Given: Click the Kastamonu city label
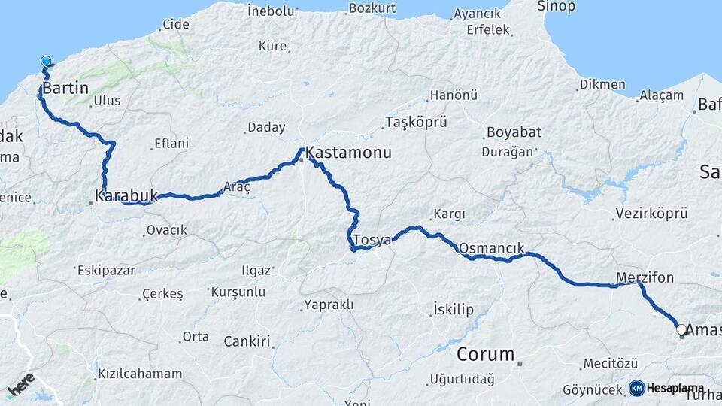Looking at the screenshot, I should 349,153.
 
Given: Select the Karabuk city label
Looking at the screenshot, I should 126,197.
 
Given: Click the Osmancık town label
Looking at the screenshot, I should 491,247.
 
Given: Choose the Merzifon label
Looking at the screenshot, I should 645,277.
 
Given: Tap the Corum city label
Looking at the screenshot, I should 486,354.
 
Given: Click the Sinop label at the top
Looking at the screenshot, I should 556,6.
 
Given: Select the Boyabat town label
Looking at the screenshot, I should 514,132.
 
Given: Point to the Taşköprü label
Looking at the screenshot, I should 416,122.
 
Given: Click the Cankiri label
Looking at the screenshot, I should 247,342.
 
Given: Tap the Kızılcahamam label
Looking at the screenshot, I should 139,374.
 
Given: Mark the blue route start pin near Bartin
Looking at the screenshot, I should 46,62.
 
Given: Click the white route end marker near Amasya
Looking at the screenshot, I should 681,329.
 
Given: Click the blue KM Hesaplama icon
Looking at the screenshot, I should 637,388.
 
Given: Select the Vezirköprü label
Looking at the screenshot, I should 651,214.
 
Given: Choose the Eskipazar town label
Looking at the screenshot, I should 105,268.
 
